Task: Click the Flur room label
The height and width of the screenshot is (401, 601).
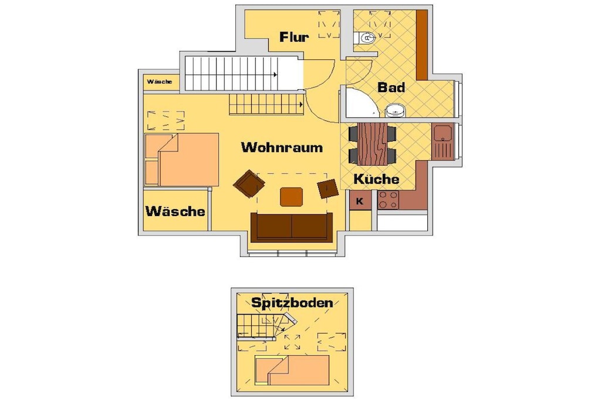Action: click(294, 37)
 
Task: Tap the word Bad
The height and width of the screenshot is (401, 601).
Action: click(391, 87)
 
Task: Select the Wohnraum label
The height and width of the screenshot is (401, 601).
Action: click(282, 147)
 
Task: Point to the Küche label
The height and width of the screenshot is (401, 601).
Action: click(376, 179)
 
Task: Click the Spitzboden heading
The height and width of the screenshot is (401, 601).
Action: click(292, 302)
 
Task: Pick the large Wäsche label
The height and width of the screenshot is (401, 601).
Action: click(175, 211)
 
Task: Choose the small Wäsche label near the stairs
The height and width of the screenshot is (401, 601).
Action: click(160, 82)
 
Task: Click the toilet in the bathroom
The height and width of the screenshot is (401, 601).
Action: click(366, 38)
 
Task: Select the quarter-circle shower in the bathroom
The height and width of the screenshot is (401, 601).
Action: click(360, 102)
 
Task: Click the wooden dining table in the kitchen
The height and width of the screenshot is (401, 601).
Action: click(373, 144)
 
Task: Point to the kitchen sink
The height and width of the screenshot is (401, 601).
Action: click(443, 140)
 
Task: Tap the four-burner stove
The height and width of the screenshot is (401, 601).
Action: click(389, 200)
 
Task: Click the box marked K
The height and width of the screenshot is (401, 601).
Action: click(360, 201)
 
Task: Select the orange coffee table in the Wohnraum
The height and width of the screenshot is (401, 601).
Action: click(292, 197)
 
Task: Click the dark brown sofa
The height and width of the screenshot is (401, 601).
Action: click(292, 227)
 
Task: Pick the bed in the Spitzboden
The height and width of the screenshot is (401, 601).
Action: click(292, 370)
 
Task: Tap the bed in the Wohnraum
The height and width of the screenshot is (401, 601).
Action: click(182, 160)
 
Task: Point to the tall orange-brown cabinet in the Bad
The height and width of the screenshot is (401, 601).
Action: click(422, 45)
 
